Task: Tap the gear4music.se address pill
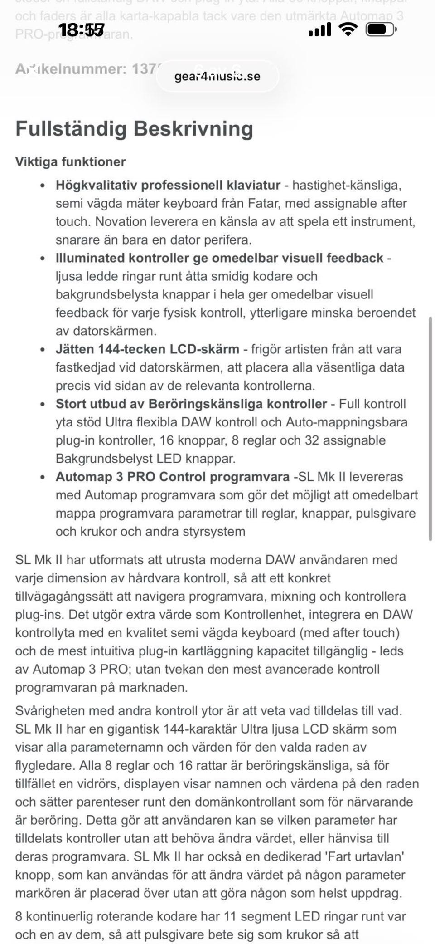pyautogui.click(x=217, y=76)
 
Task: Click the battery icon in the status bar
pyautogui.click(x=381, y=30)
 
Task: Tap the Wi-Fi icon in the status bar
pyautogui.click(x=348, y=30)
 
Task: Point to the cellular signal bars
pyautogui.click(x=319, y=30)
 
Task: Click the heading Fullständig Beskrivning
pyautogui.click(x=134, y=129)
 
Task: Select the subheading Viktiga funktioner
pyautogui.click(x=71, y=162)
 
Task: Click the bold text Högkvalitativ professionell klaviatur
pyautogui.click(x=168, y=185)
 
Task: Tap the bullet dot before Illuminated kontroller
pyautogui.click(x=43, y=259)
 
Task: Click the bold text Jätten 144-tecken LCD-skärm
pyautogui.click(x=147, y=349)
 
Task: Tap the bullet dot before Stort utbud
pyautogui.click(x=43, y=404)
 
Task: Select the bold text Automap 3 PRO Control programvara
pyautogui.click(x=172, y=477)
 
